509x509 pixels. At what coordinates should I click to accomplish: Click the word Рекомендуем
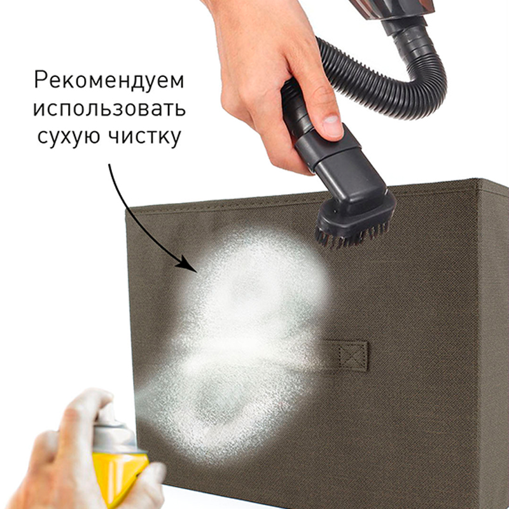pyautogui.click(x=109, y=81)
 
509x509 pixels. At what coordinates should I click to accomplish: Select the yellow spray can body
pyautogui.click(x=118, y=474)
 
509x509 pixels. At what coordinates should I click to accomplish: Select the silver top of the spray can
pyautogui.click(x=115, y=439)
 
